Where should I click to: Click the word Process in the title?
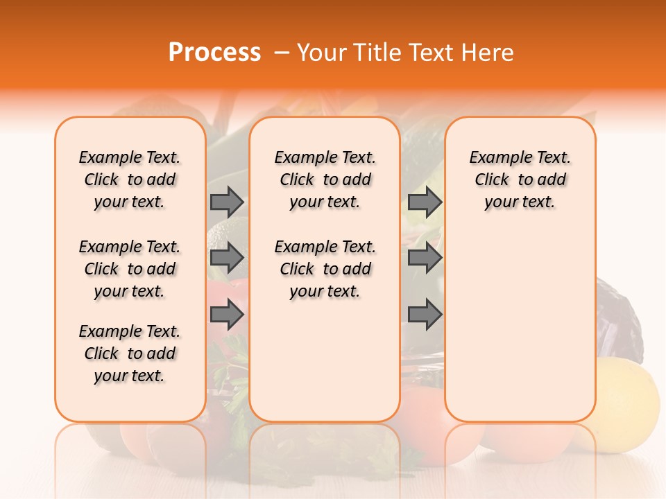tap(214, 53)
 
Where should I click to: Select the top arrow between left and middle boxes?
tap(227, 202)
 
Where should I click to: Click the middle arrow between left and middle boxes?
tap(227, 259)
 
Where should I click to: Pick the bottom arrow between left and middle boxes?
tap(227, 315)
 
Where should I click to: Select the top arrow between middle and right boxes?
tap(425, 202)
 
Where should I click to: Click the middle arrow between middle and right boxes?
tap(425, 259)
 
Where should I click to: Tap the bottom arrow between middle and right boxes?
tap(425, 315)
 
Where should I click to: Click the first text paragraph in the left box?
tap(130, 180)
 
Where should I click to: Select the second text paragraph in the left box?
tap(130, 269)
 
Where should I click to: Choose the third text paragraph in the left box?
tap(130, 353)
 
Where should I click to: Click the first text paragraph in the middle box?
tap(325, 180)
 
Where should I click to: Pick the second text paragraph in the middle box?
tap(325, 269)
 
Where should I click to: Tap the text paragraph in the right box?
tap(520, 180)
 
